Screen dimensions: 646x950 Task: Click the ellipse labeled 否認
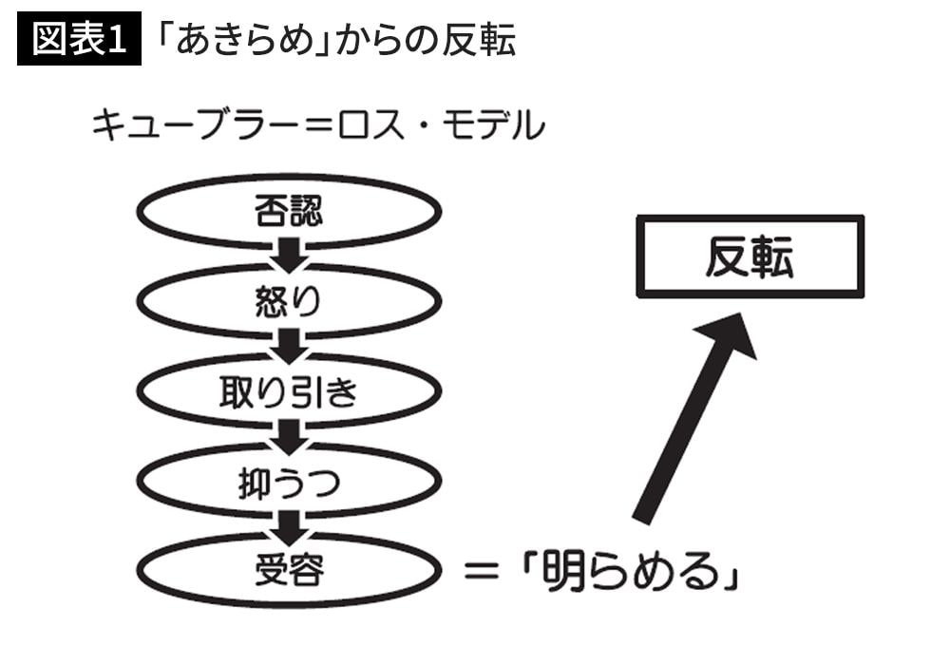(x=289, y=211)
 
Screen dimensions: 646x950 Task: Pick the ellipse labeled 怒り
(x=289, y=301)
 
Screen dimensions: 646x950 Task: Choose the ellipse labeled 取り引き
(x=289, y=391)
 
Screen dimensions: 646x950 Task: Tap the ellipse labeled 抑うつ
(x=289, y=482)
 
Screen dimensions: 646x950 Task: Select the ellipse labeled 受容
(x=289, y=571)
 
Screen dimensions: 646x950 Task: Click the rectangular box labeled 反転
(x=750, y=256)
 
